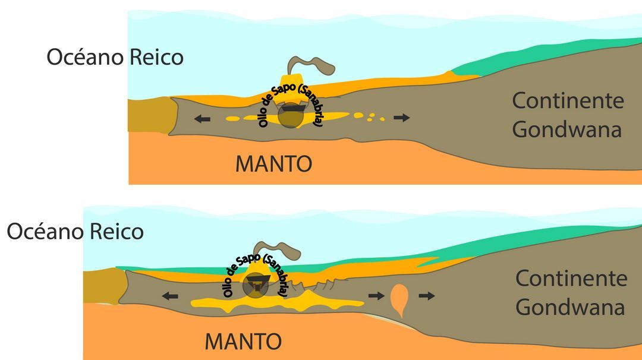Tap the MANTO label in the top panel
click(x=273, y=163)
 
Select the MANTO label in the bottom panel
click(x=243, y=342)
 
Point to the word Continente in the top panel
click(x=568, y=100)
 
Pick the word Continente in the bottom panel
click(x=571, y=278)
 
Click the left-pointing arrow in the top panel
click(x=202, y=119)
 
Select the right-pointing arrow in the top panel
click(x=402, y=118)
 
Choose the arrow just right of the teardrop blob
click(x=426, y=295)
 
